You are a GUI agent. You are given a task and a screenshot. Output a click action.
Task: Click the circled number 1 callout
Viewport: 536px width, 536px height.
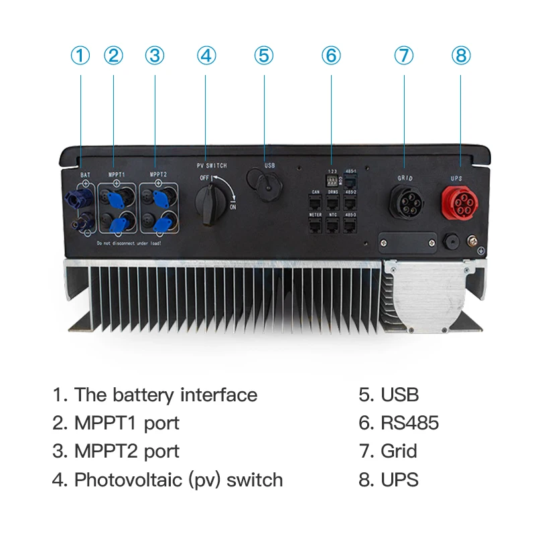pos(80,56)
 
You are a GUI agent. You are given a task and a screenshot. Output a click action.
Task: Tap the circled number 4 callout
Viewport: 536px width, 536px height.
pos(207,56)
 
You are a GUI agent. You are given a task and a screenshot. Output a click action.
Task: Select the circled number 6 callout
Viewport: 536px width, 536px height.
pos(331,56)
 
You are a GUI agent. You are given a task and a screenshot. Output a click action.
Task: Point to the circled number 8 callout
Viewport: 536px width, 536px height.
pos(460,56)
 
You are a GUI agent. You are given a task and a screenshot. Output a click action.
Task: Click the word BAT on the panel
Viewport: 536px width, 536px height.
pos(85,175)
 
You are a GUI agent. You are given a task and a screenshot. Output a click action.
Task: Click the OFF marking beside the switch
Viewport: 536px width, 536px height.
pos(205,178)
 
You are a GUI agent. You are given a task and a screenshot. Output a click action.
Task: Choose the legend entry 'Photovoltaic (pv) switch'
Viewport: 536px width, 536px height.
pos(168,480)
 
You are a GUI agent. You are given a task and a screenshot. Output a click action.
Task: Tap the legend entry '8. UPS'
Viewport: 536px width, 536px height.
pos(389,480)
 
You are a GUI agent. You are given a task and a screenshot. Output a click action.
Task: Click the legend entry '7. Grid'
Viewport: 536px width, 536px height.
pos(389,451)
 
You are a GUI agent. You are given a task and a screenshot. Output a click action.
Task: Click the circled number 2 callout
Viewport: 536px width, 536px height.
pos(114,56)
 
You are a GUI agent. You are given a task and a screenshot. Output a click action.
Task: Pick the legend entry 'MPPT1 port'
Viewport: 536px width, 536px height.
pos(117,423)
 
